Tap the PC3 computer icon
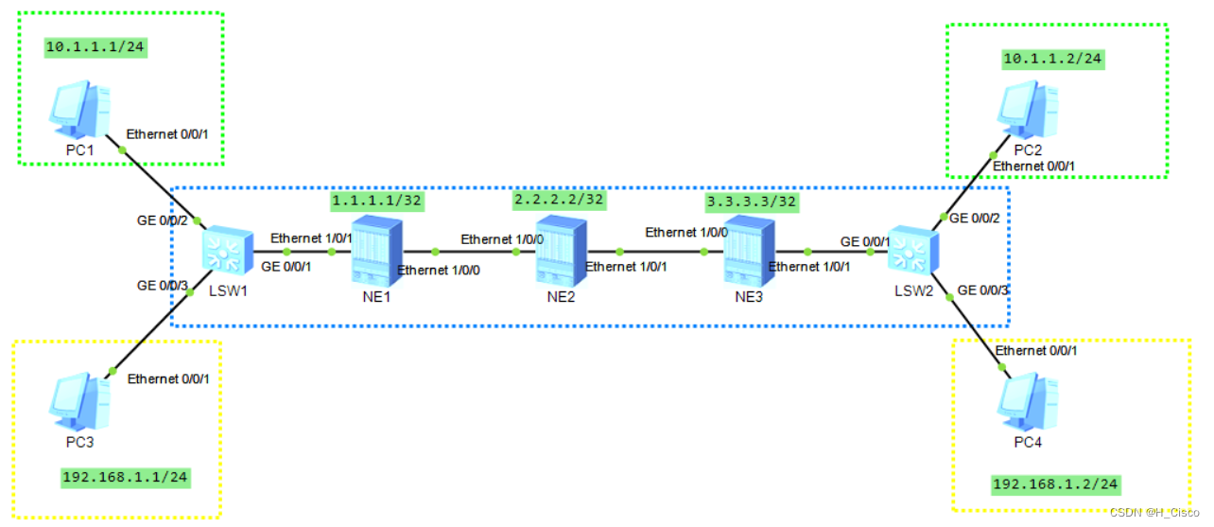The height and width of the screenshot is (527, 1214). (79, 401)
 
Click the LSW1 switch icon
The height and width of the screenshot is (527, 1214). (225, 252)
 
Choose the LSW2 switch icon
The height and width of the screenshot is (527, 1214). (911, 252)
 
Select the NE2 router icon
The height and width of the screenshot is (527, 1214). (562, 251)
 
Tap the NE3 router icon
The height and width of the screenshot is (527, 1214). (749, 251)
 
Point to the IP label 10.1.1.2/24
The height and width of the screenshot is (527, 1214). (1052, 59)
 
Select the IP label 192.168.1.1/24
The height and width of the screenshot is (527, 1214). (125, 477)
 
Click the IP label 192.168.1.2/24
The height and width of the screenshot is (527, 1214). (1055, 484)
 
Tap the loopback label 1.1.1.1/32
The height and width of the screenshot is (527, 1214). (375, 201)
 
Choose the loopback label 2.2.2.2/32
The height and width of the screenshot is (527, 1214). (558, 200)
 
